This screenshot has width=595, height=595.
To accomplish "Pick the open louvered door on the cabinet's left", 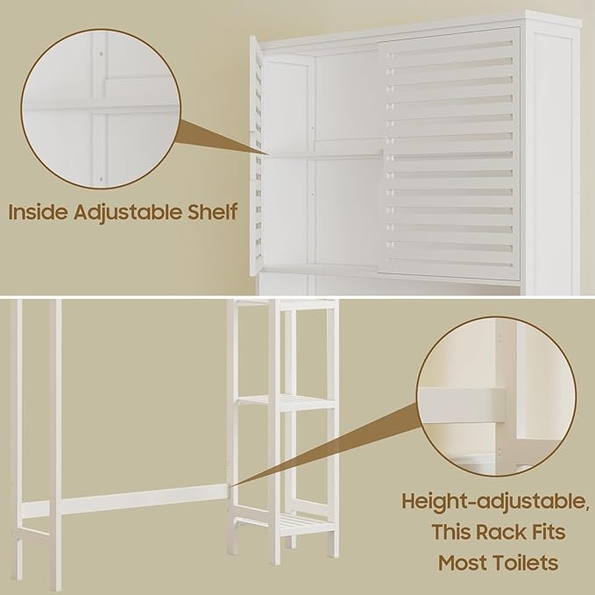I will point(255,158).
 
